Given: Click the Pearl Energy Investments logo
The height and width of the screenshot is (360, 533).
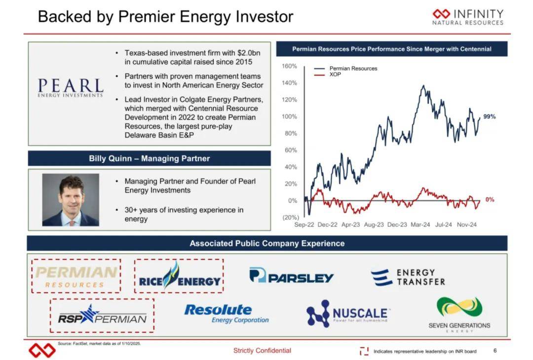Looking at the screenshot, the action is [x=71, y=88].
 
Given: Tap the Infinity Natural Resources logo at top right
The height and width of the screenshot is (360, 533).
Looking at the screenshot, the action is [x=468, y=17].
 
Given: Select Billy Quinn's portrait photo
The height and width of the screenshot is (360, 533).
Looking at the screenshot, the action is [x=71, y=200].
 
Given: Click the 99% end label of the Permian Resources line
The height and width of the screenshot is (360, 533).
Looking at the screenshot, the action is [x=489, y=116].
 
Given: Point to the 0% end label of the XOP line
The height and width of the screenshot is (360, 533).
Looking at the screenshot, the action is [x=490, y=199].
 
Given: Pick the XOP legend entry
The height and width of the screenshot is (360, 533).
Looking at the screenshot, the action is [x=328, y=74].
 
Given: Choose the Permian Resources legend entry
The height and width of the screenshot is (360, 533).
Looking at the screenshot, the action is [x=345, y=68].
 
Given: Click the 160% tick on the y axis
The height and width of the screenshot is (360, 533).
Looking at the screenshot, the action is [x=289, y=66].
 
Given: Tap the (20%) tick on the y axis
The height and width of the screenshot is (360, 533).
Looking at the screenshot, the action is [x=291, y=217].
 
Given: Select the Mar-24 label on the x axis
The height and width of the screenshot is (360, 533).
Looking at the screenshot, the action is [x=420, y=224].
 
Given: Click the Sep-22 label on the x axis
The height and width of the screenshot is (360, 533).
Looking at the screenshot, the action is [x=304, y=224].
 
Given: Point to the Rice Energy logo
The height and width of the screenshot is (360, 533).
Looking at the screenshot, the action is [x=180, y=276].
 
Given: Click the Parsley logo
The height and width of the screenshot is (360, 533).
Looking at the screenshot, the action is [x=291, y=276].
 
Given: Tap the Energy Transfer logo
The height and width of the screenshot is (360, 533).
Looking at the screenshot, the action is [x=408, y=277].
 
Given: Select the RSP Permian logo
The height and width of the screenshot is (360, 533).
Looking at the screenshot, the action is [x=102, y=315].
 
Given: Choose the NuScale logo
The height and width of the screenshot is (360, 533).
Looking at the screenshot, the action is [x=347, y=313].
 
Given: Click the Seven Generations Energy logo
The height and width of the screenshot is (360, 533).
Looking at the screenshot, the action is [x=459, y=315].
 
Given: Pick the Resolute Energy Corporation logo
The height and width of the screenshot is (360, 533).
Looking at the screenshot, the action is [x=227, y=313].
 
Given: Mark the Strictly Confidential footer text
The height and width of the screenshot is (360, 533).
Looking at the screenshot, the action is [x=262, y=351].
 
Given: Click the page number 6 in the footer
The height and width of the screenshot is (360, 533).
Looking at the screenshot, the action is [x=495, y=351].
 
